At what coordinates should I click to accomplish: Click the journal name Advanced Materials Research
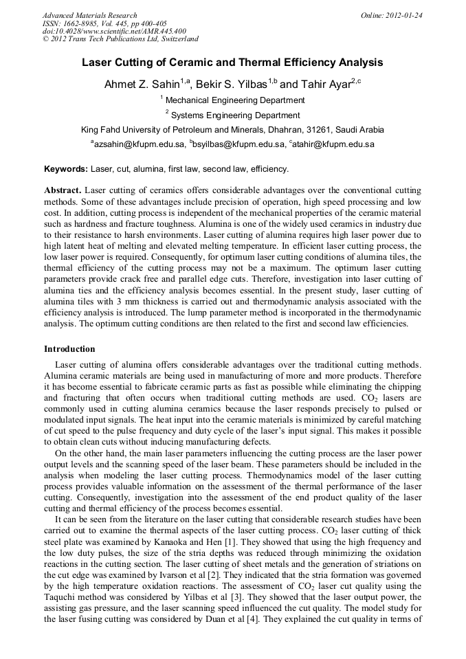[89, 15]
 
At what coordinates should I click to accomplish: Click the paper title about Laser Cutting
[232, 63]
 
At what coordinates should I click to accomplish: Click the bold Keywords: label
[66, 169]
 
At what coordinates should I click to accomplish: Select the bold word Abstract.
[63, 190]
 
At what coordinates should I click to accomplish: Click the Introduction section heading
[69, 349]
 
